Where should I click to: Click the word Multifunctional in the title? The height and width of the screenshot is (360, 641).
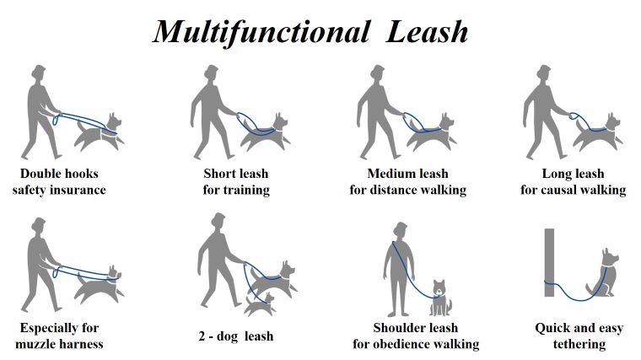coord(261,32)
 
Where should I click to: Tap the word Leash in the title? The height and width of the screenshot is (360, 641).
coord(427,32)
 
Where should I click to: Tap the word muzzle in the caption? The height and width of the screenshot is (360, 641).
coord(35,344)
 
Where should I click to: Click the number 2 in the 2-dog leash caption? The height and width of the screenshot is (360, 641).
coord(202,336)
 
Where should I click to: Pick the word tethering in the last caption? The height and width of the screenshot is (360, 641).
coord(579,345)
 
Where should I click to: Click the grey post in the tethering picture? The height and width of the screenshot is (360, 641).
coord(549,262)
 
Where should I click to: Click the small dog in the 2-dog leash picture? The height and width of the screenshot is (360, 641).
coord(261,305)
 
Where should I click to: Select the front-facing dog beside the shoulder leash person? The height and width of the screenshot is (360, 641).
coord(440,298)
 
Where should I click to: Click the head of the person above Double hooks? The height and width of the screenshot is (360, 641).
coord(39,73)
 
